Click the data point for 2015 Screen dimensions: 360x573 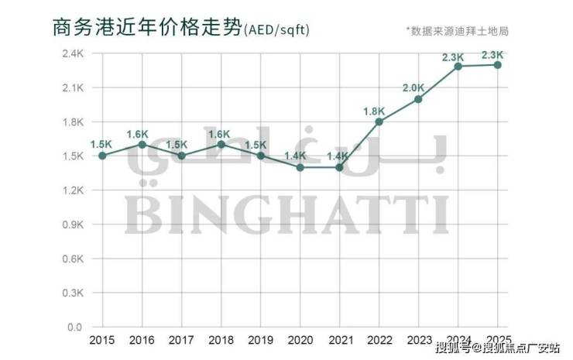pyautogui.click(x=101, y=156)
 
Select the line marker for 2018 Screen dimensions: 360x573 pyautogui.click(x=221, y=144)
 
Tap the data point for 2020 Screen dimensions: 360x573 pyautogui.click(x=300, y=167)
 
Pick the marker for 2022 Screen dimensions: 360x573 pyautogui.click(x=379, y=122)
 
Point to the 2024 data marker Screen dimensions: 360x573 pyautogui.click(x=458, y=66)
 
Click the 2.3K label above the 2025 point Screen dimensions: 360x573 pyautogui.click(x=492, y=55)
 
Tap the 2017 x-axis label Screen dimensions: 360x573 pyautogui.click(x=181, y=341)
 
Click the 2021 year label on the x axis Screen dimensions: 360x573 pyautogui.click(x=340, y=341)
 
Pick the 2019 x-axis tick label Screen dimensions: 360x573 pyautogui.click(x=260, y=341)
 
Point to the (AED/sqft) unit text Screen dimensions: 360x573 pyautogui.click(x=277, y=30)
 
